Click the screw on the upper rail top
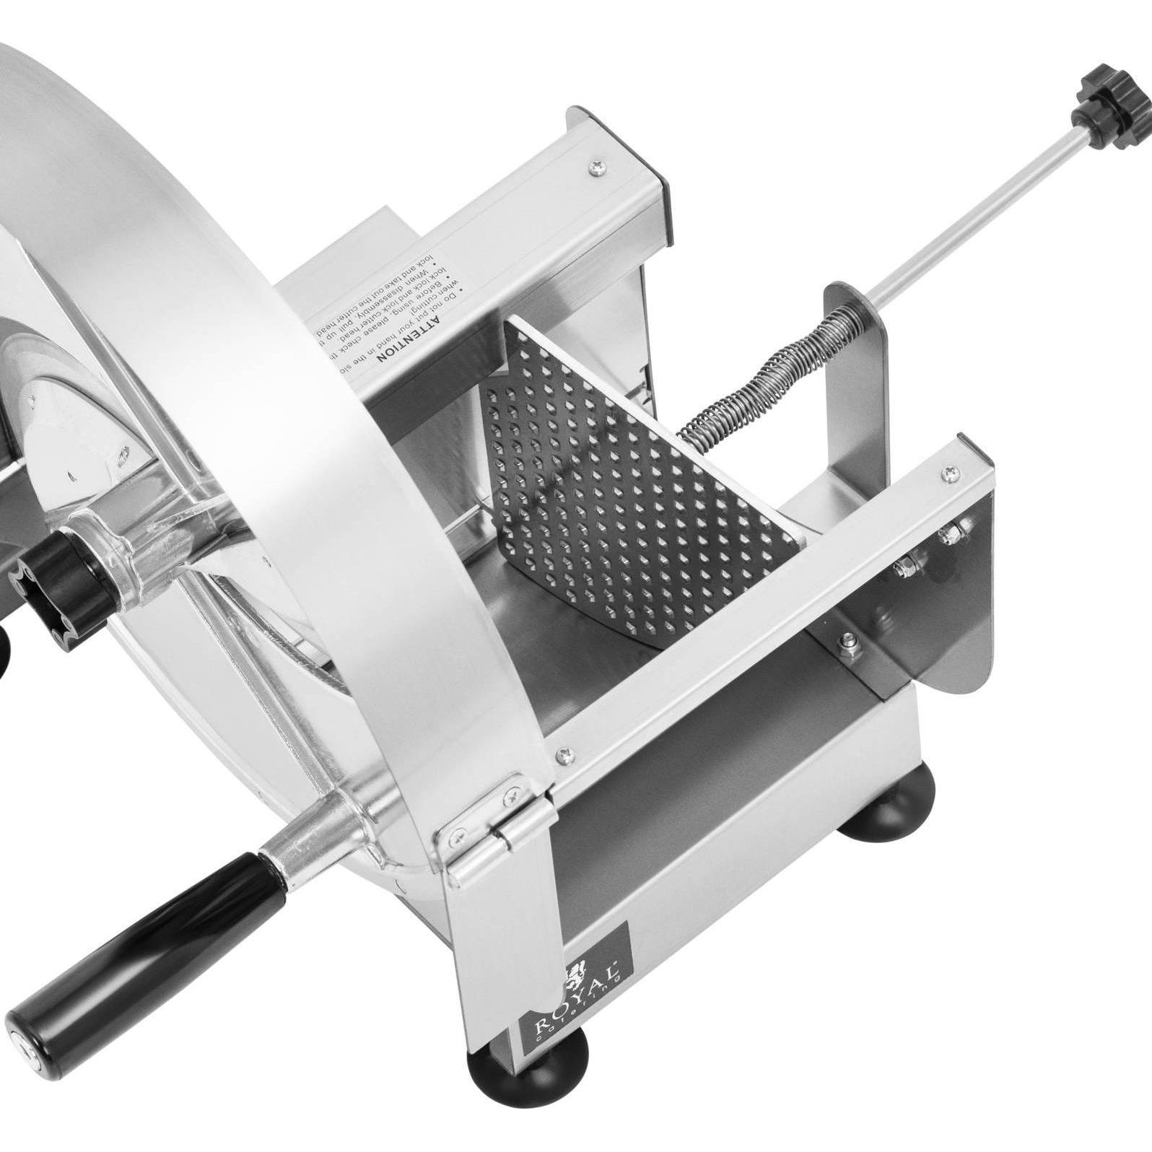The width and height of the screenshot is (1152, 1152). coord(597,167)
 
